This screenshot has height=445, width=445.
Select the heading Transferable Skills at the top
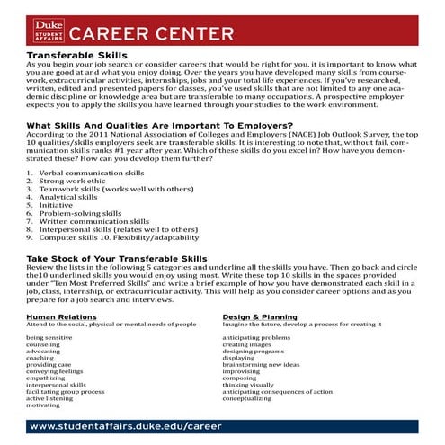pyautogui.click(x=71, y=56)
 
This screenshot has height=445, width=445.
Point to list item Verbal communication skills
pyautogui.click(x=91, y=172)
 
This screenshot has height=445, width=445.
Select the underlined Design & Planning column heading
pyautogui.click(x=262, y=316)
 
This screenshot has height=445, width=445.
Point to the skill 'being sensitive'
pyautogui.click(x=49, y=336)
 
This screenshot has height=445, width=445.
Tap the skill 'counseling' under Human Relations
pyautogui.click(x=44, y=343)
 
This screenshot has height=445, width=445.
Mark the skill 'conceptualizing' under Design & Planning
pyautogui.click(x=252, y=398)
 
